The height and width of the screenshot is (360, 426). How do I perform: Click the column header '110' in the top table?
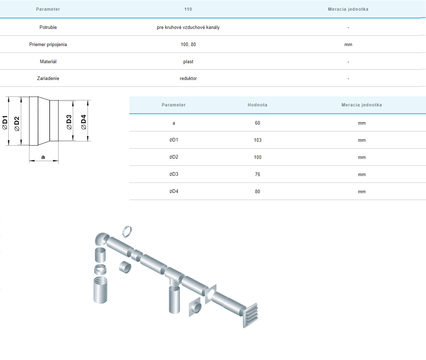click(x=188, y=9)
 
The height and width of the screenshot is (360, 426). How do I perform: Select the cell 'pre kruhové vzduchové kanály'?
click(x=188, y=27)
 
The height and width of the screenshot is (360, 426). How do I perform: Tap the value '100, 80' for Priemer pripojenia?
click(x=188, y=45)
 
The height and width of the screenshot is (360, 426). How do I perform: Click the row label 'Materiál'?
click(x=48, y=62)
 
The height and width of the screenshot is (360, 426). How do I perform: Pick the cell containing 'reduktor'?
click(x=188, y=79)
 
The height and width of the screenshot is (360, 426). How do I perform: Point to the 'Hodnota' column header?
click(x=257, y=105)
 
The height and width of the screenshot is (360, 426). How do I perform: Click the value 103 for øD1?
click(x=258, y=140)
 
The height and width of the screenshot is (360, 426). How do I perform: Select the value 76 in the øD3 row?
click(x=258, y=174)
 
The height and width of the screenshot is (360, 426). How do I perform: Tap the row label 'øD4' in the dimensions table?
click(x=174, y=191)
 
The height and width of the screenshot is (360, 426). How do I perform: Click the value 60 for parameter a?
click(x=258, y=123)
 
